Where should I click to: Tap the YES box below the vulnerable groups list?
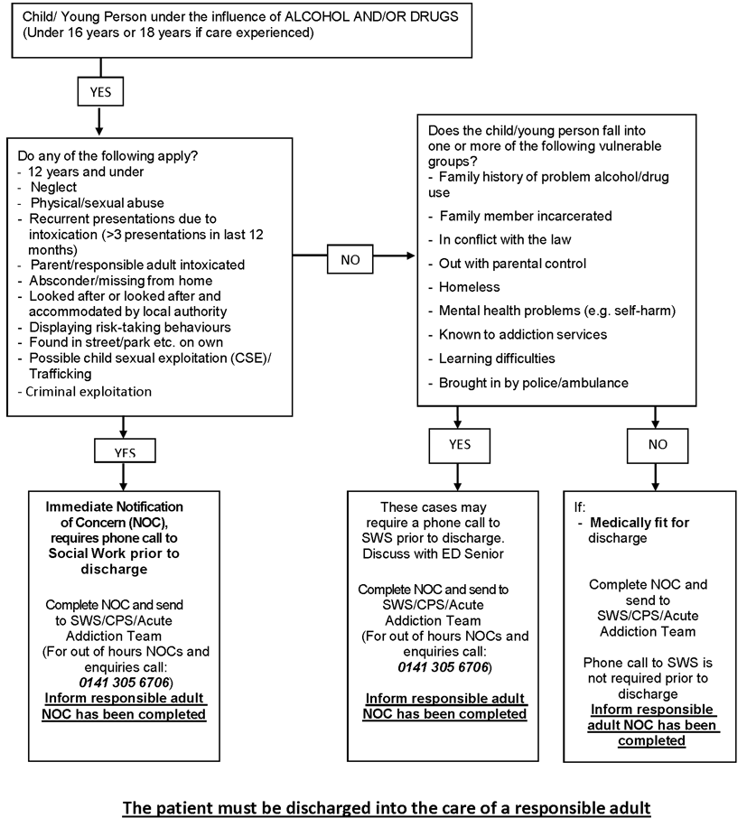tap(460, 444)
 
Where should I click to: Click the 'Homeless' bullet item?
tap(469, 287)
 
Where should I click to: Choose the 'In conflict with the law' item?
tap(503, 239)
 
